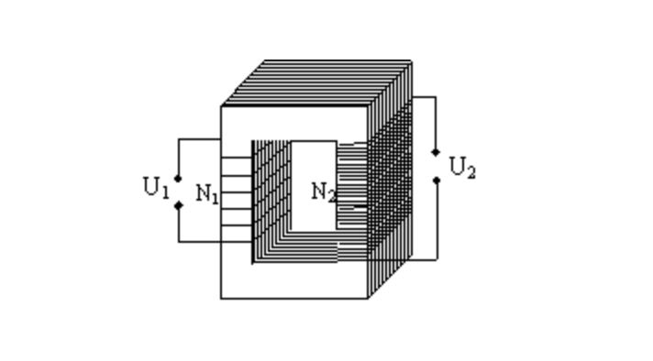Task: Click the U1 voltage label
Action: tap(156, 187)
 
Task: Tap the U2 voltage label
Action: tap(462, 167)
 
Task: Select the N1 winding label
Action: tap(207, 193)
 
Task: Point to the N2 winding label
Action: tap(324, 192)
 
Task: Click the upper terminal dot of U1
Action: tap(178, 179)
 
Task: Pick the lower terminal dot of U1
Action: tap(179, 205)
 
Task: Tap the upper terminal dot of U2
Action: tap(436, 152)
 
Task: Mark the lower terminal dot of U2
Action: tap(437, 180)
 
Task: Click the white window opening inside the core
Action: tap(314, 186)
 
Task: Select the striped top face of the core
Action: tap(316, 82)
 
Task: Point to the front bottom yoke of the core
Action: tap(294, 280)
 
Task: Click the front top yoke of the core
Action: tap(294, 123)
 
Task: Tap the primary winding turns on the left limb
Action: tap(236, 192)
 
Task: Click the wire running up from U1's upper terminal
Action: tap(179, 157)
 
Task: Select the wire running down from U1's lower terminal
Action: tap(179, 224)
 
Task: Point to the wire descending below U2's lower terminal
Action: tap(437, 221)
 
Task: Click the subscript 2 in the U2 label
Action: tap(471, 172)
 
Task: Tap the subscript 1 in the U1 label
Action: tap(165, 192)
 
